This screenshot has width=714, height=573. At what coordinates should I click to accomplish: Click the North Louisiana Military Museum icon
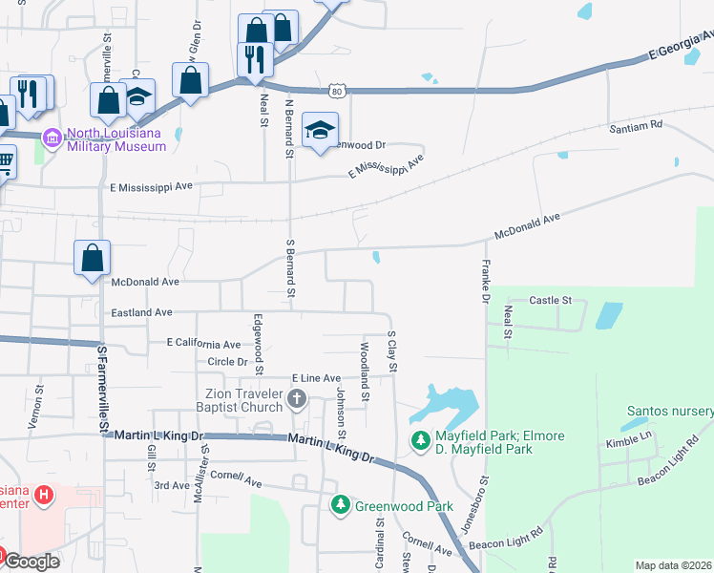[52, 138]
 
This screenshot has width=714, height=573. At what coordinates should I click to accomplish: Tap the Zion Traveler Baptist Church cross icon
[297, 397]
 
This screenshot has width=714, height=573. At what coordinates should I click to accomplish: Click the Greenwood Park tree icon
[340, 504]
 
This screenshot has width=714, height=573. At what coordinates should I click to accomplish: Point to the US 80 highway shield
[336, 92]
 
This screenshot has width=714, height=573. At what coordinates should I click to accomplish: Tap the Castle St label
[550, 300]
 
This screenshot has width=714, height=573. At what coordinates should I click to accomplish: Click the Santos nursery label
[669, 412]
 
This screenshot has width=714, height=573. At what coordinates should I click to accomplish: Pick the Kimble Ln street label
[627, 443]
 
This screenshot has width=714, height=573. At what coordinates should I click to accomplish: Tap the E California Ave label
[203, 344]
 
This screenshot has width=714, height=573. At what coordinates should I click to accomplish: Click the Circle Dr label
[227, 362]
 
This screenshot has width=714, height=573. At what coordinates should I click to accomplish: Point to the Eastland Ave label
[140, 312]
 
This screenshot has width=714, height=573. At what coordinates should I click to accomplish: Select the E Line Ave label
[316, 379]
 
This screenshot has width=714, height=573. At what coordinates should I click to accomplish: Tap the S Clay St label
[391, 351]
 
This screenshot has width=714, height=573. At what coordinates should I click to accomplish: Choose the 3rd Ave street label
[173, 485]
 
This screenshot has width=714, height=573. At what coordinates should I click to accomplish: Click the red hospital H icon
[42, 495]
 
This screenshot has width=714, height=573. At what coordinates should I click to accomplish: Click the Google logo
[32, 562]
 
